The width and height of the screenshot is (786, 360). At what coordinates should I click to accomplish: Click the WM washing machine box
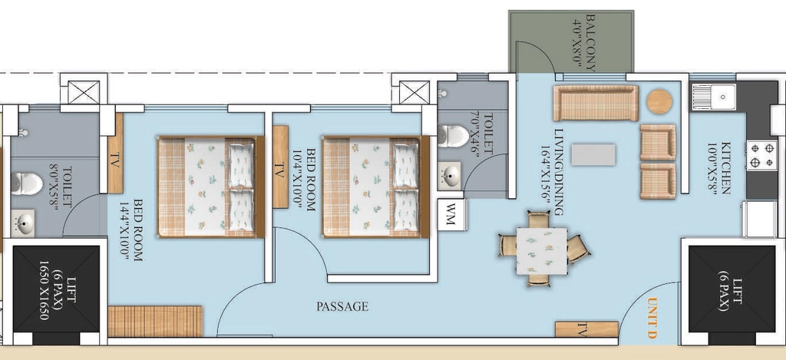point(451,215)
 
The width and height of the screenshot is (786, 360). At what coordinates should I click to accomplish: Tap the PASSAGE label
point(342,306)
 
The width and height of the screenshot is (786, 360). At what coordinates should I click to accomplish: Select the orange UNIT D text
point(652,318)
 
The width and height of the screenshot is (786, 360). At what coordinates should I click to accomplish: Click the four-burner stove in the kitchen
point(761,155)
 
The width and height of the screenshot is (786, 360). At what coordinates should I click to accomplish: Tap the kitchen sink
point(715,97)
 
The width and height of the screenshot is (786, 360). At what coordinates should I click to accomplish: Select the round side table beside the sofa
point(659,102)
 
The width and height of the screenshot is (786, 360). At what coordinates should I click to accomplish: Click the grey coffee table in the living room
point(593,154)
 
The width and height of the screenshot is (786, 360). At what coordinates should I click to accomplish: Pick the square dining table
point(541,251)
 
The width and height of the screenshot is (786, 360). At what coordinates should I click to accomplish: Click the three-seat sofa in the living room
point(596,103)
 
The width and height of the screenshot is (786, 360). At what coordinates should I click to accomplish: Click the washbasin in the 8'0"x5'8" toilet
point(22,223)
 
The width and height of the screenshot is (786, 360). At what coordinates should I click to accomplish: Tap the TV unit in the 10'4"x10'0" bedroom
point(280,167)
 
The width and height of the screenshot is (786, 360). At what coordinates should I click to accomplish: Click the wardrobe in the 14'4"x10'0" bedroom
point(155,322)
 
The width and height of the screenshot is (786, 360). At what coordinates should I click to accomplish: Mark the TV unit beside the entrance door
point(586,329)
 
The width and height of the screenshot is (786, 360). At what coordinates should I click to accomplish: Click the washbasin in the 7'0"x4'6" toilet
point(450,176)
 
